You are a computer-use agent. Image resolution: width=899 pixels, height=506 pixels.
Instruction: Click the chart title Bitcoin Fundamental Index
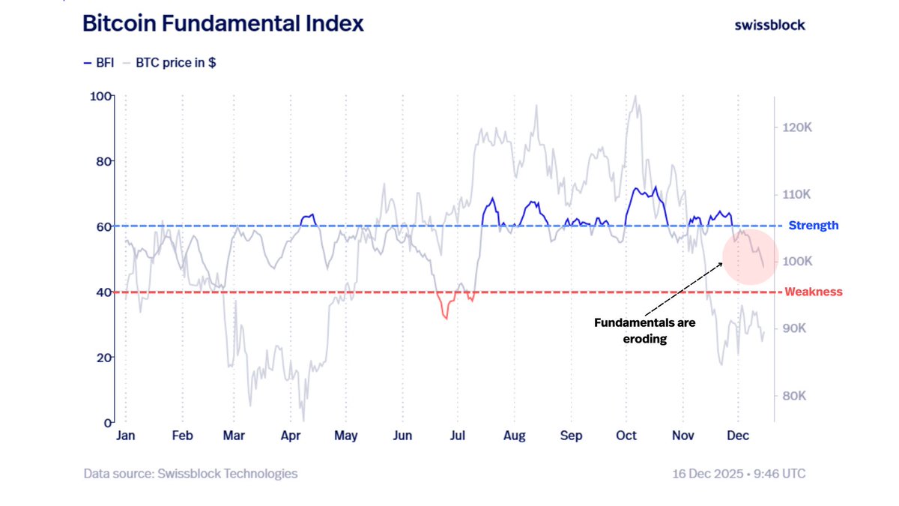click(223, 23)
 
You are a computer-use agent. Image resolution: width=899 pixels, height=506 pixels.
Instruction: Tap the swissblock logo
click(769, 25)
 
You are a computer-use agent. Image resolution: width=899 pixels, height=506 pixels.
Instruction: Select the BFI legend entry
click(99, 64)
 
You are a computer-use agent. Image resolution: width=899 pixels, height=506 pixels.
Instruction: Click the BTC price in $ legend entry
click(175, 64)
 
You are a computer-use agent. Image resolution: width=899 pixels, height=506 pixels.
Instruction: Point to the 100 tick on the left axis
click(100, 96)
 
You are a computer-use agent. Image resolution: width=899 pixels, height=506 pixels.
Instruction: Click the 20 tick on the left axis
click(103, 358)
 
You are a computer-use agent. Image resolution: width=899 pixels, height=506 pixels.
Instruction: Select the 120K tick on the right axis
click(797, 128)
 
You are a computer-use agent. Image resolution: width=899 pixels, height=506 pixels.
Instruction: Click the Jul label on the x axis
click(458, 436)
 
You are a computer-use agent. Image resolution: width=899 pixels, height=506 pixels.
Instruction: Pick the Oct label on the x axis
click(626, 436)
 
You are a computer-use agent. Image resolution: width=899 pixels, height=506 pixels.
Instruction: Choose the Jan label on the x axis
click(126, 436)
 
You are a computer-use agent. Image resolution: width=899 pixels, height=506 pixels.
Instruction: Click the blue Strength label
click(813, 226)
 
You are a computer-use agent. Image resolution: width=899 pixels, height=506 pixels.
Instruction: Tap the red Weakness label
click(813, 292)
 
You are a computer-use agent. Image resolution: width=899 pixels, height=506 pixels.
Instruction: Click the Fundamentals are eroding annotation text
click(645, 331)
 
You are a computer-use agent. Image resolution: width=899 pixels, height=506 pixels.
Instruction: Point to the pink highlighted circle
click(751, 256)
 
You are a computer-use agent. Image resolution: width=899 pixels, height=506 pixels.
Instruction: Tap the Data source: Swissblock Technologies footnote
click(190, 474)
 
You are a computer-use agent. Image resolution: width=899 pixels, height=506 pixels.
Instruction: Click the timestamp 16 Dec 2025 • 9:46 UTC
click(739, 474)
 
